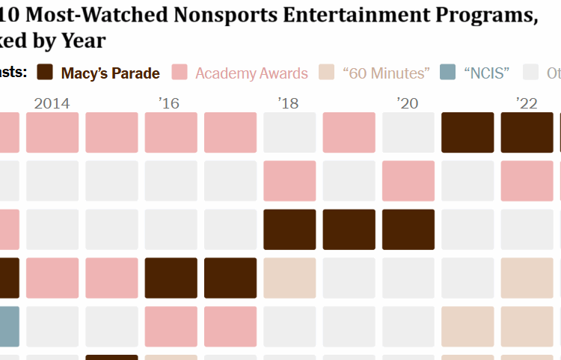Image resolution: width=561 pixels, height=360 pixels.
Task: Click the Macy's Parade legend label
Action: pyautogui.click(x=110, y=73)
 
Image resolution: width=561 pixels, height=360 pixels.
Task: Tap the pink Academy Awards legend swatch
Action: pyautogui.click(x=180, y=73)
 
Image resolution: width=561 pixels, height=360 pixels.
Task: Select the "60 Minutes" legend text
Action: pyautogui.click(x=386, y=73)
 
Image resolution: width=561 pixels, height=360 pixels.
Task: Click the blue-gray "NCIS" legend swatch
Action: pyautogui.click(x=448, y=73)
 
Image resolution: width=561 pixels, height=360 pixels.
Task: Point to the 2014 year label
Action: pyautogui.click(x=52, y=103)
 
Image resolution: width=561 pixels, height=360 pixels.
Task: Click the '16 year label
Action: pyautogui.click(x=170, y=103)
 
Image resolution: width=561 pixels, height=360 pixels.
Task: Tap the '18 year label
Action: pyautogui.click(x=289, y=103)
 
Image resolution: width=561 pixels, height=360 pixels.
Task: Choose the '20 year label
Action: pyautogui.click(x=408, y=103)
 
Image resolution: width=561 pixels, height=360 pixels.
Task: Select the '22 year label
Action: pyautogui.click(x=527, y=103)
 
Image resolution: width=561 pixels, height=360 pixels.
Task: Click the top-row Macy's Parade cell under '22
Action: pyautogui.click(x=527, y=132)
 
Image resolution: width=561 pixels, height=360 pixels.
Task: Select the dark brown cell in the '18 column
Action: pyautogui.click(x=289, y=229)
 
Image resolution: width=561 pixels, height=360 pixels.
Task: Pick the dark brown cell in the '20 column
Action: pyautogui.click(x=408, y=229)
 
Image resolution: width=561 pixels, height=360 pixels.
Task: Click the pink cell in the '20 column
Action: pyautogui.click(x=408, y=180)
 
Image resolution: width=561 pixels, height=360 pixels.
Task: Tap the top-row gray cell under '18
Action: pyautogui.click(x=289, y=132)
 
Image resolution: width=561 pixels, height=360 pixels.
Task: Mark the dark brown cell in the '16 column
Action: pyautogui.click(x=171, y=278)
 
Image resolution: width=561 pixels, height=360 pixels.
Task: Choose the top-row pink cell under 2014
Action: pyautogui.click(x=52, y=132)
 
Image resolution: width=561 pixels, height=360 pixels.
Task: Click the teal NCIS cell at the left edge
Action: pyautogui.click(x=9, y=326)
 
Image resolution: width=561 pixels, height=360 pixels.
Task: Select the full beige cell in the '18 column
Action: pyautogui.click(x=289, y=278)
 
